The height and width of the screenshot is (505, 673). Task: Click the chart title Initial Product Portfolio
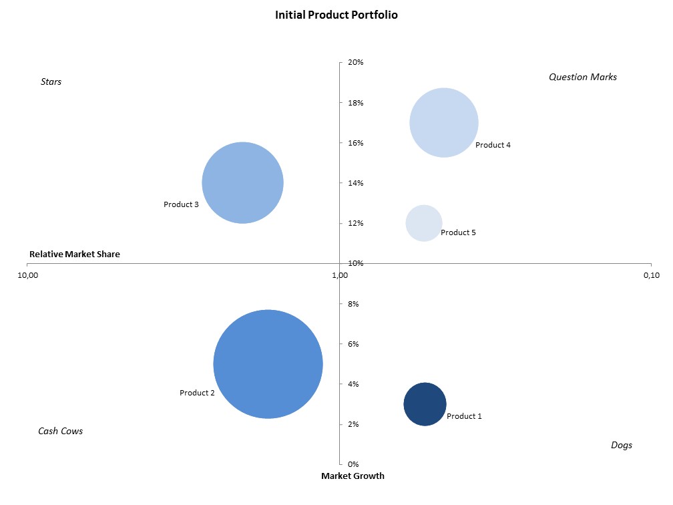coord(336,14)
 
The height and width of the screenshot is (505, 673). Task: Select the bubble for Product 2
coord(268,364)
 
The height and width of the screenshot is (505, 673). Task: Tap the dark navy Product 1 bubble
coord(425,404)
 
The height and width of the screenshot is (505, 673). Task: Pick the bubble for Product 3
coord(243,182)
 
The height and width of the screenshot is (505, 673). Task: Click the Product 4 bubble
coord(444,123)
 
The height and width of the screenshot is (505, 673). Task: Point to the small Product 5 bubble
coord(424,223)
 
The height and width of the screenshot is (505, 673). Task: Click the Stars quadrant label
coord(51,82)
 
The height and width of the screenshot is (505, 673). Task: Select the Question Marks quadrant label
coord(583,77)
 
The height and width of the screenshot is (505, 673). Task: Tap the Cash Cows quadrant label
coord(61,432)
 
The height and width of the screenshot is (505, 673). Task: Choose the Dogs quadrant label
coord(622,446)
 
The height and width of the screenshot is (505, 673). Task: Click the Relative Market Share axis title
coord(75,255)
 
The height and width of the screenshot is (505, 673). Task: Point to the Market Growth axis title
coord(353,476)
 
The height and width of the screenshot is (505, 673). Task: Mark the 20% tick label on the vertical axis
coord(355,63)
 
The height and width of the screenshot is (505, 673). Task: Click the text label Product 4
coord(493,146)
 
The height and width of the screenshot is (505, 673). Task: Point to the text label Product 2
coord(197,393)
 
